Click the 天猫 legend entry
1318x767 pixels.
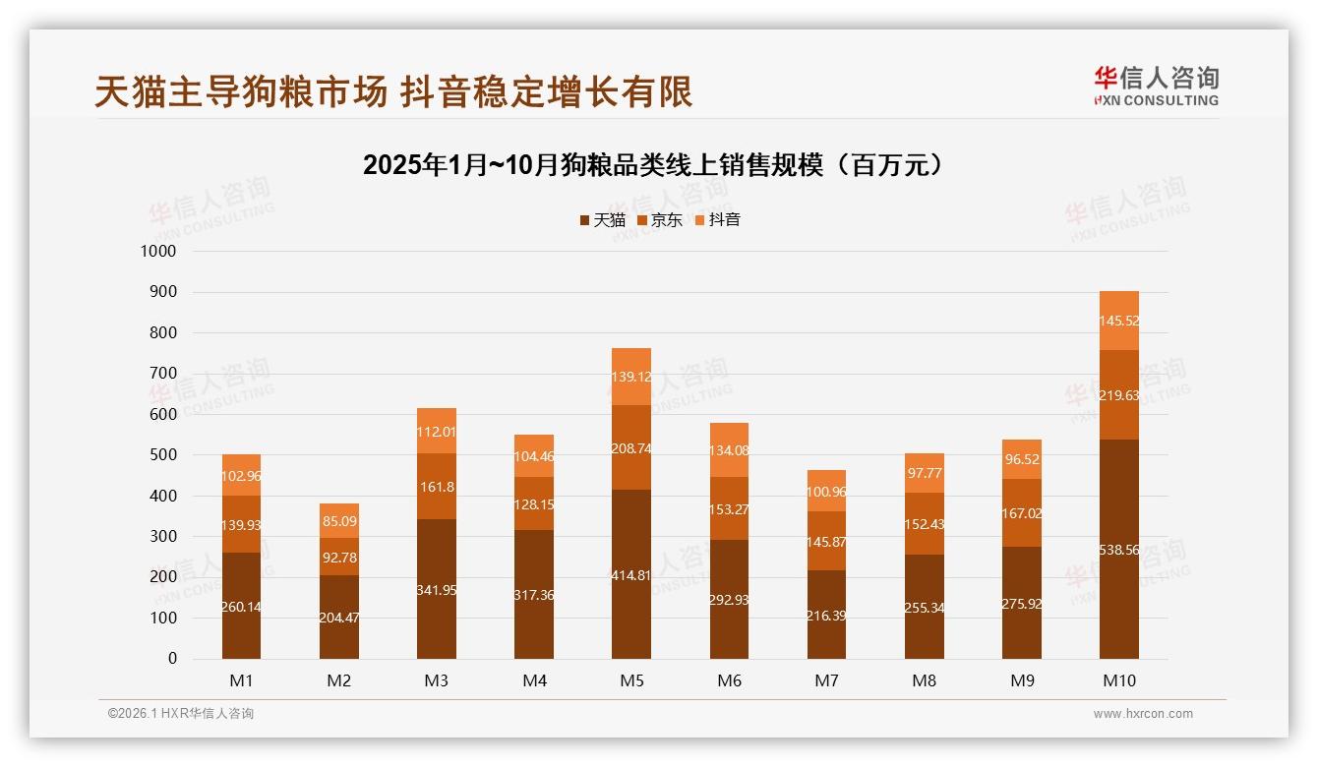point(602,220)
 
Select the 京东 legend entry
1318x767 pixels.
point(659,220)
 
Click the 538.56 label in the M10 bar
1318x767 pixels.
point(1119,551)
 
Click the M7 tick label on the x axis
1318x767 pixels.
point(827,680)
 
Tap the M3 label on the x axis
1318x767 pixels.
point(437,680)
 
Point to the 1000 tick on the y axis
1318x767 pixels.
point(157,252)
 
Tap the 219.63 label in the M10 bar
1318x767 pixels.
point(1119,395)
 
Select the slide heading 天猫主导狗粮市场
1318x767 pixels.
point(393,91)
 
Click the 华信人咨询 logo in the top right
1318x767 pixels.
point(1156,86)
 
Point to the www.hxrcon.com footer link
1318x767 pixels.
point(1143,714)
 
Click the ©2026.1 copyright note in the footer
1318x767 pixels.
point(181,714)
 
